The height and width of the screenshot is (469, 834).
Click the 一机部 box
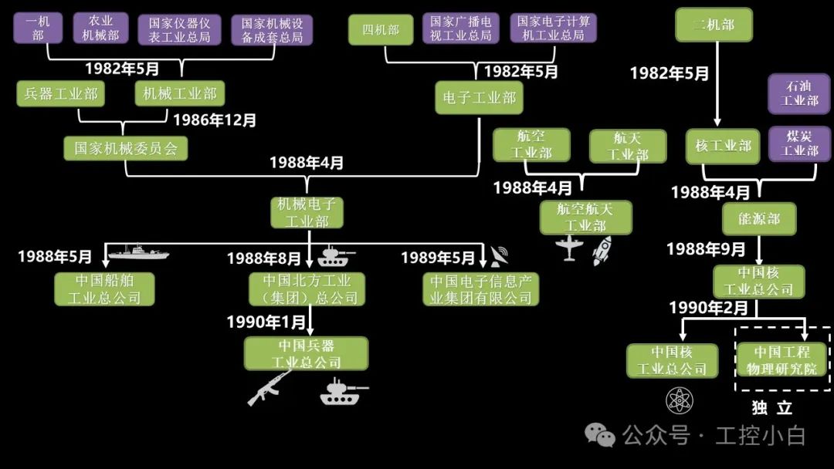pos(38,28)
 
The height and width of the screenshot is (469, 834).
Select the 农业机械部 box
pos(101,28)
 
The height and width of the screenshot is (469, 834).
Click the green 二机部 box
pos(714,25)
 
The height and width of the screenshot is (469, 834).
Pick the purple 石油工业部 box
pos(799,93)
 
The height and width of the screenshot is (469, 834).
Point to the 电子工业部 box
pos(478,98)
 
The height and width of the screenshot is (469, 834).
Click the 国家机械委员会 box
pos(126,148)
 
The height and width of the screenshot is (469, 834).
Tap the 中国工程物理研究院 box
pos(782,361)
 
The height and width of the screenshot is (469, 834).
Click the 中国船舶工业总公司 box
pos(104,288)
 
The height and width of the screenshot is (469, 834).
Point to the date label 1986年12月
pos(215,120)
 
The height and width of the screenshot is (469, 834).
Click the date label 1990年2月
pos(708,308)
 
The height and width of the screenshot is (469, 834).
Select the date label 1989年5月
pos(438,257)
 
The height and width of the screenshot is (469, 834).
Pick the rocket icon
pos(602,251)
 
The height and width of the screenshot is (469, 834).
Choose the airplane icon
pos(570,248)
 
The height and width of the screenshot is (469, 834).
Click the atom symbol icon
pos(680,400)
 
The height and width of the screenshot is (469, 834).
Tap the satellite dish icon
pos(499,255)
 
